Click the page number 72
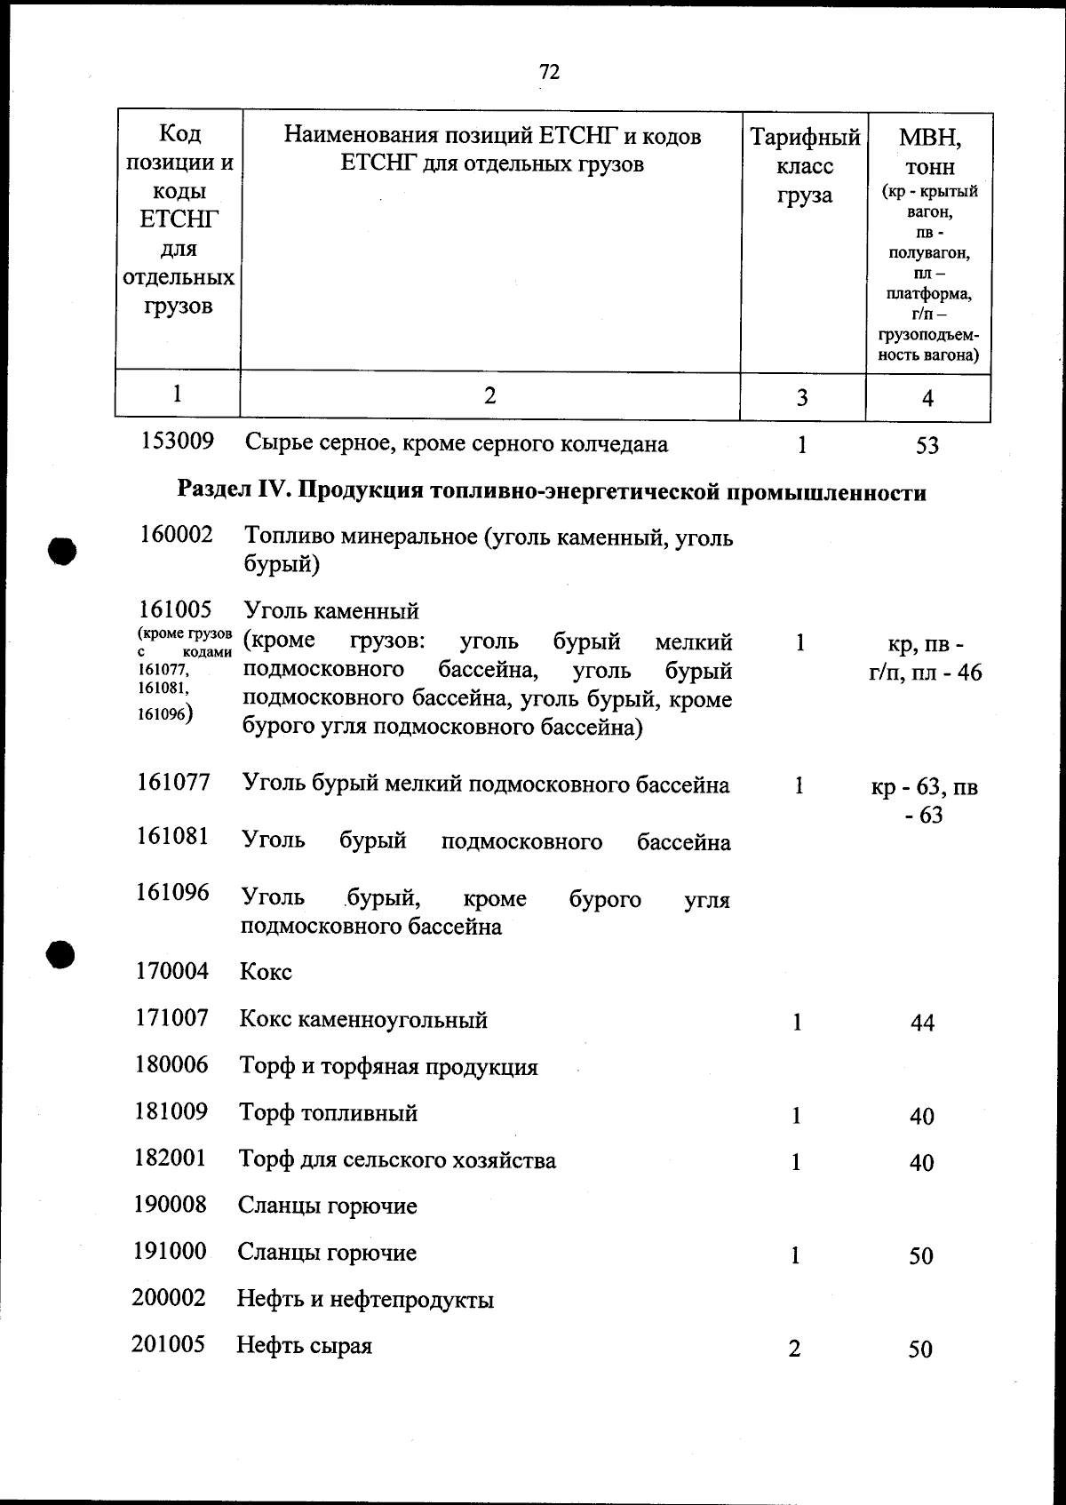pos(549,72)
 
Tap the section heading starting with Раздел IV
pos(552,491)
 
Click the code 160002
pos(176,535)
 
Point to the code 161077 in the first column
pos(173,783)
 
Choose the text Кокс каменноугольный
pos(363,1019)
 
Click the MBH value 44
pos(922,1023)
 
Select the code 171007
pos(171,1018)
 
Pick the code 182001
pos(170,1159)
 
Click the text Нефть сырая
pos(304,1346)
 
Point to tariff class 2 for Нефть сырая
pos(794,1349)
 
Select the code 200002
pos(169,1299)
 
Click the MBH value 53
pos(927,445)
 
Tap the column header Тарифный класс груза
pos(805,166)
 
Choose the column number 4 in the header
pos(927,398)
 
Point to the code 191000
pos(169,1252)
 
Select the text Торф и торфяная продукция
pos(388,1066)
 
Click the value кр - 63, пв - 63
pos(925,800)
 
